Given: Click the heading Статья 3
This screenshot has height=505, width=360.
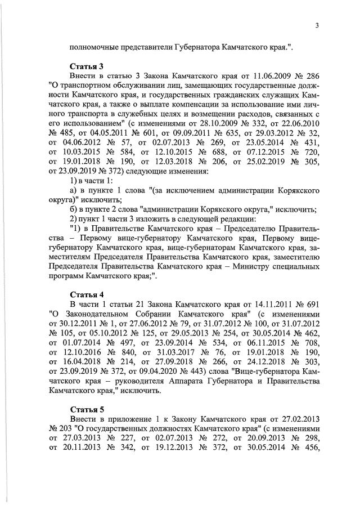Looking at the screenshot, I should point(87,66).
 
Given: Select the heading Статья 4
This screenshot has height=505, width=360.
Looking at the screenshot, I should point(87,294).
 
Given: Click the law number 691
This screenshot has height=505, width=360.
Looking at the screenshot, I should point(311,304).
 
